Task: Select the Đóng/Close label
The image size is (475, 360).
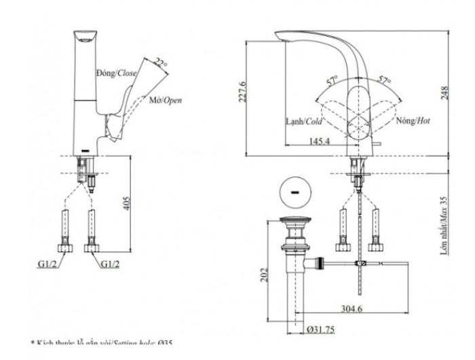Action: (115, 73)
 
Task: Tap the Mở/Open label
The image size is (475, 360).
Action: (166, 100)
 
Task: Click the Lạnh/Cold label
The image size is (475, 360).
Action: (304, 122)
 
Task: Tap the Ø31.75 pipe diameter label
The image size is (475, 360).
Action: (322, 330)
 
